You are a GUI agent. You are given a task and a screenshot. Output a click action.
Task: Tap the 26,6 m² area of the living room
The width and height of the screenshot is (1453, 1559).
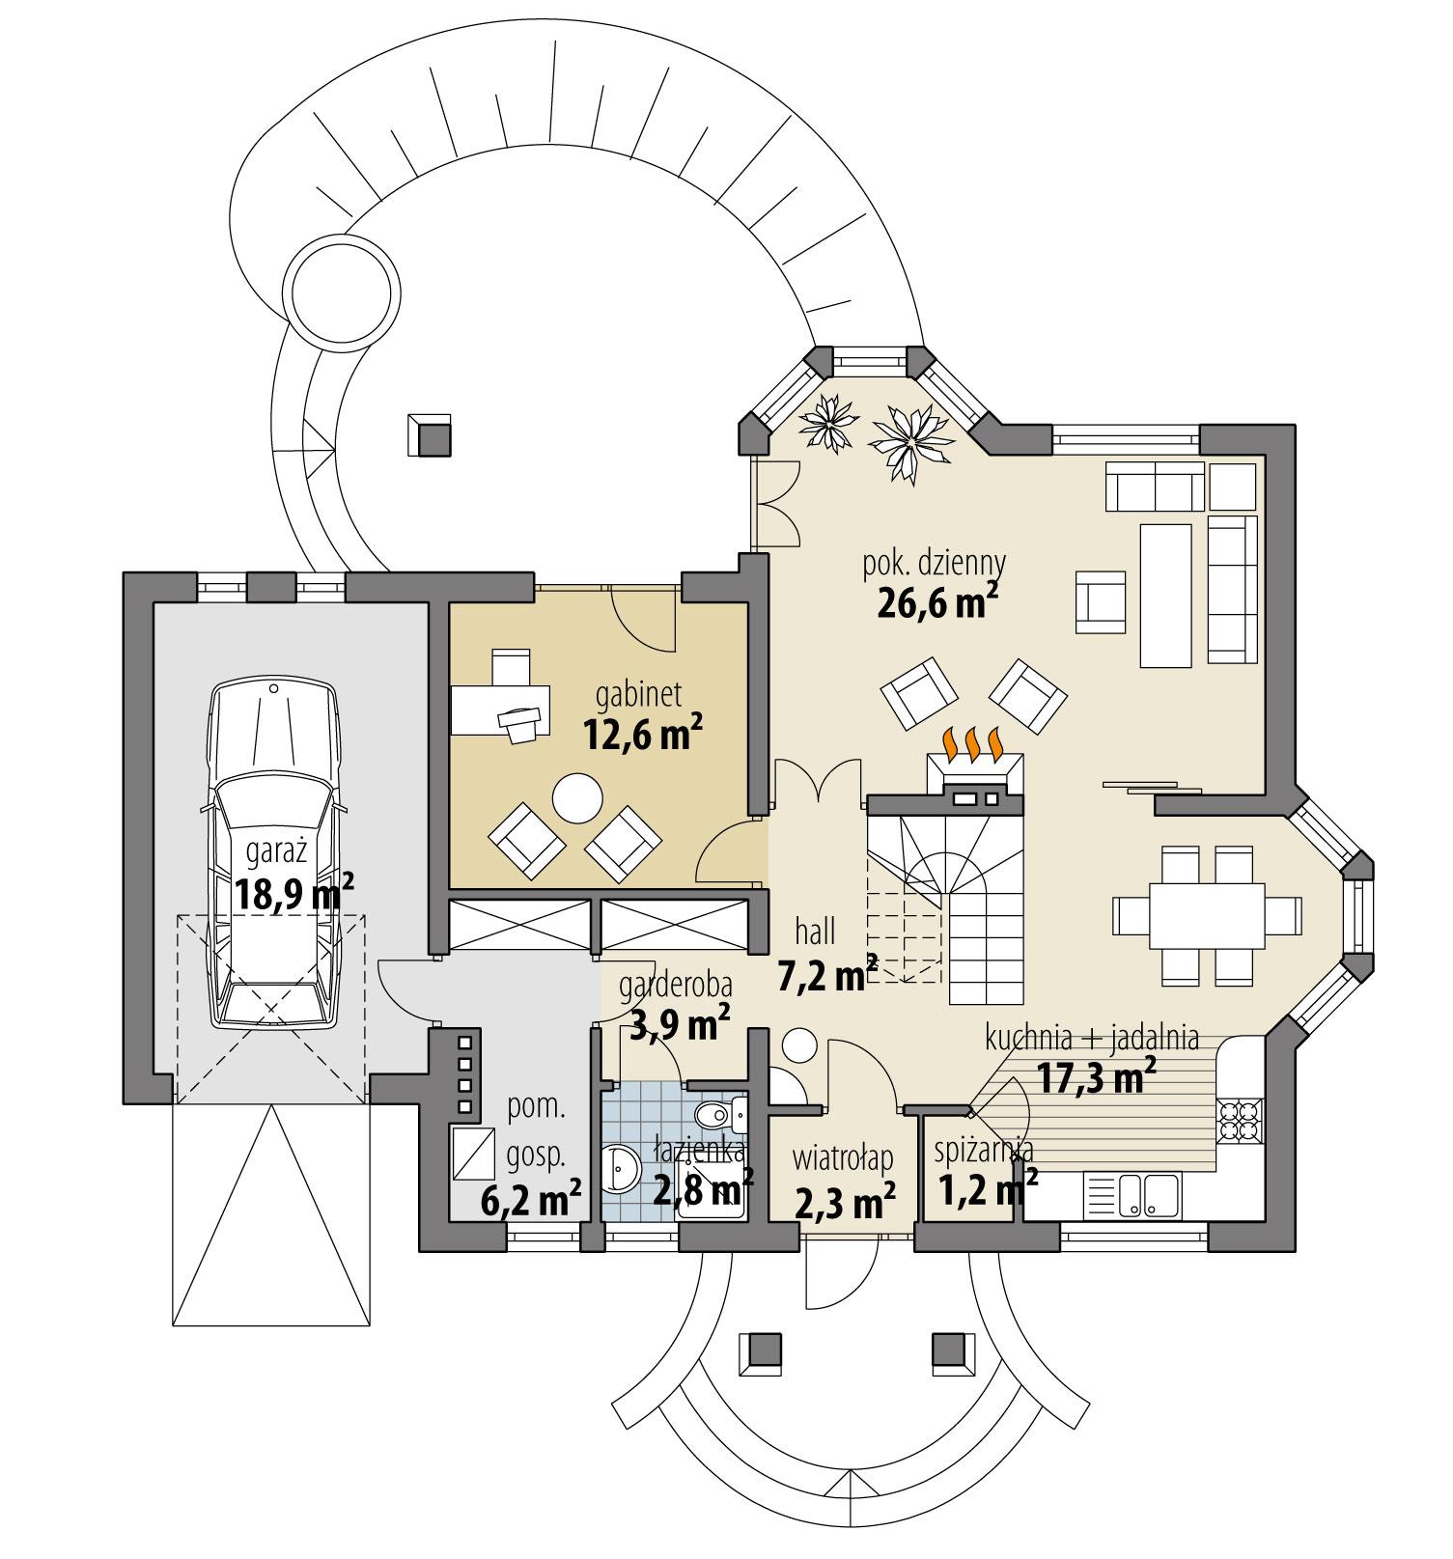pyautogui.click(x=936, y=603)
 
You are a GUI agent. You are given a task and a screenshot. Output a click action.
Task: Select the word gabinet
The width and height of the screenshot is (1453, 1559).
pyautogui.click(x=639, y=693)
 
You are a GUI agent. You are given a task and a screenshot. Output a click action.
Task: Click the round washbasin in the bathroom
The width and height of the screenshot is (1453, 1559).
pyautogui.click(x=619, y=1171)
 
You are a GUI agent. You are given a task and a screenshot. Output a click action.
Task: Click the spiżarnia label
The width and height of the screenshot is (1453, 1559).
pyautogui.click(x=983, y=1150)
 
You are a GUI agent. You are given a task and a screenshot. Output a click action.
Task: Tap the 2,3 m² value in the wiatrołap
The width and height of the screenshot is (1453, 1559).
pyautogui.click(x=842, y=1201)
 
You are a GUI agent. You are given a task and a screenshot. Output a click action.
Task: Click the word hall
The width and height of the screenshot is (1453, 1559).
pyautogui.click(x=815, y=931)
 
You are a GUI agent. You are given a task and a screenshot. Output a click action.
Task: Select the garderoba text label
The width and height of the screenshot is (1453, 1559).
pyautogui.click(x=675, y=985)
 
